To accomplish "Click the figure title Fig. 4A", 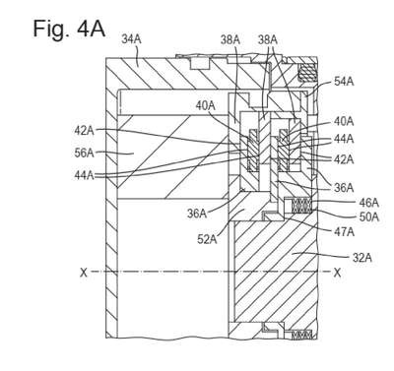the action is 69,29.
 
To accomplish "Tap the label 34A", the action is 131,39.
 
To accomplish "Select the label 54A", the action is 344,82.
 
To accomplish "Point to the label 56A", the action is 85,153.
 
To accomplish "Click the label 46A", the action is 368,203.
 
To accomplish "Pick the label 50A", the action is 368,216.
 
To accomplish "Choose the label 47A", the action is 344,232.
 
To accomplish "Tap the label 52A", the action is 207,240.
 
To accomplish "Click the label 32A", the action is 361,258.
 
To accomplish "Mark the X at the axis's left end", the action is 84,273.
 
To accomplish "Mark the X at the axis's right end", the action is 337,273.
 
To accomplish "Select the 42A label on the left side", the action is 85,131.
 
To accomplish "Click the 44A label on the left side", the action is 85,175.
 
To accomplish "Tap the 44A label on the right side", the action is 344,139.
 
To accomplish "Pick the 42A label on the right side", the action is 344,159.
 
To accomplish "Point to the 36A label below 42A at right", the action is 344,188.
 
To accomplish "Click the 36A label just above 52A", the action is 197,214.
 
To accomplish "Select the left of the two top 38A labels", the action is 230,40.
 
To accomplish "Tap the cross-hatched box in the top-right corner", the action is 306,72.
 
